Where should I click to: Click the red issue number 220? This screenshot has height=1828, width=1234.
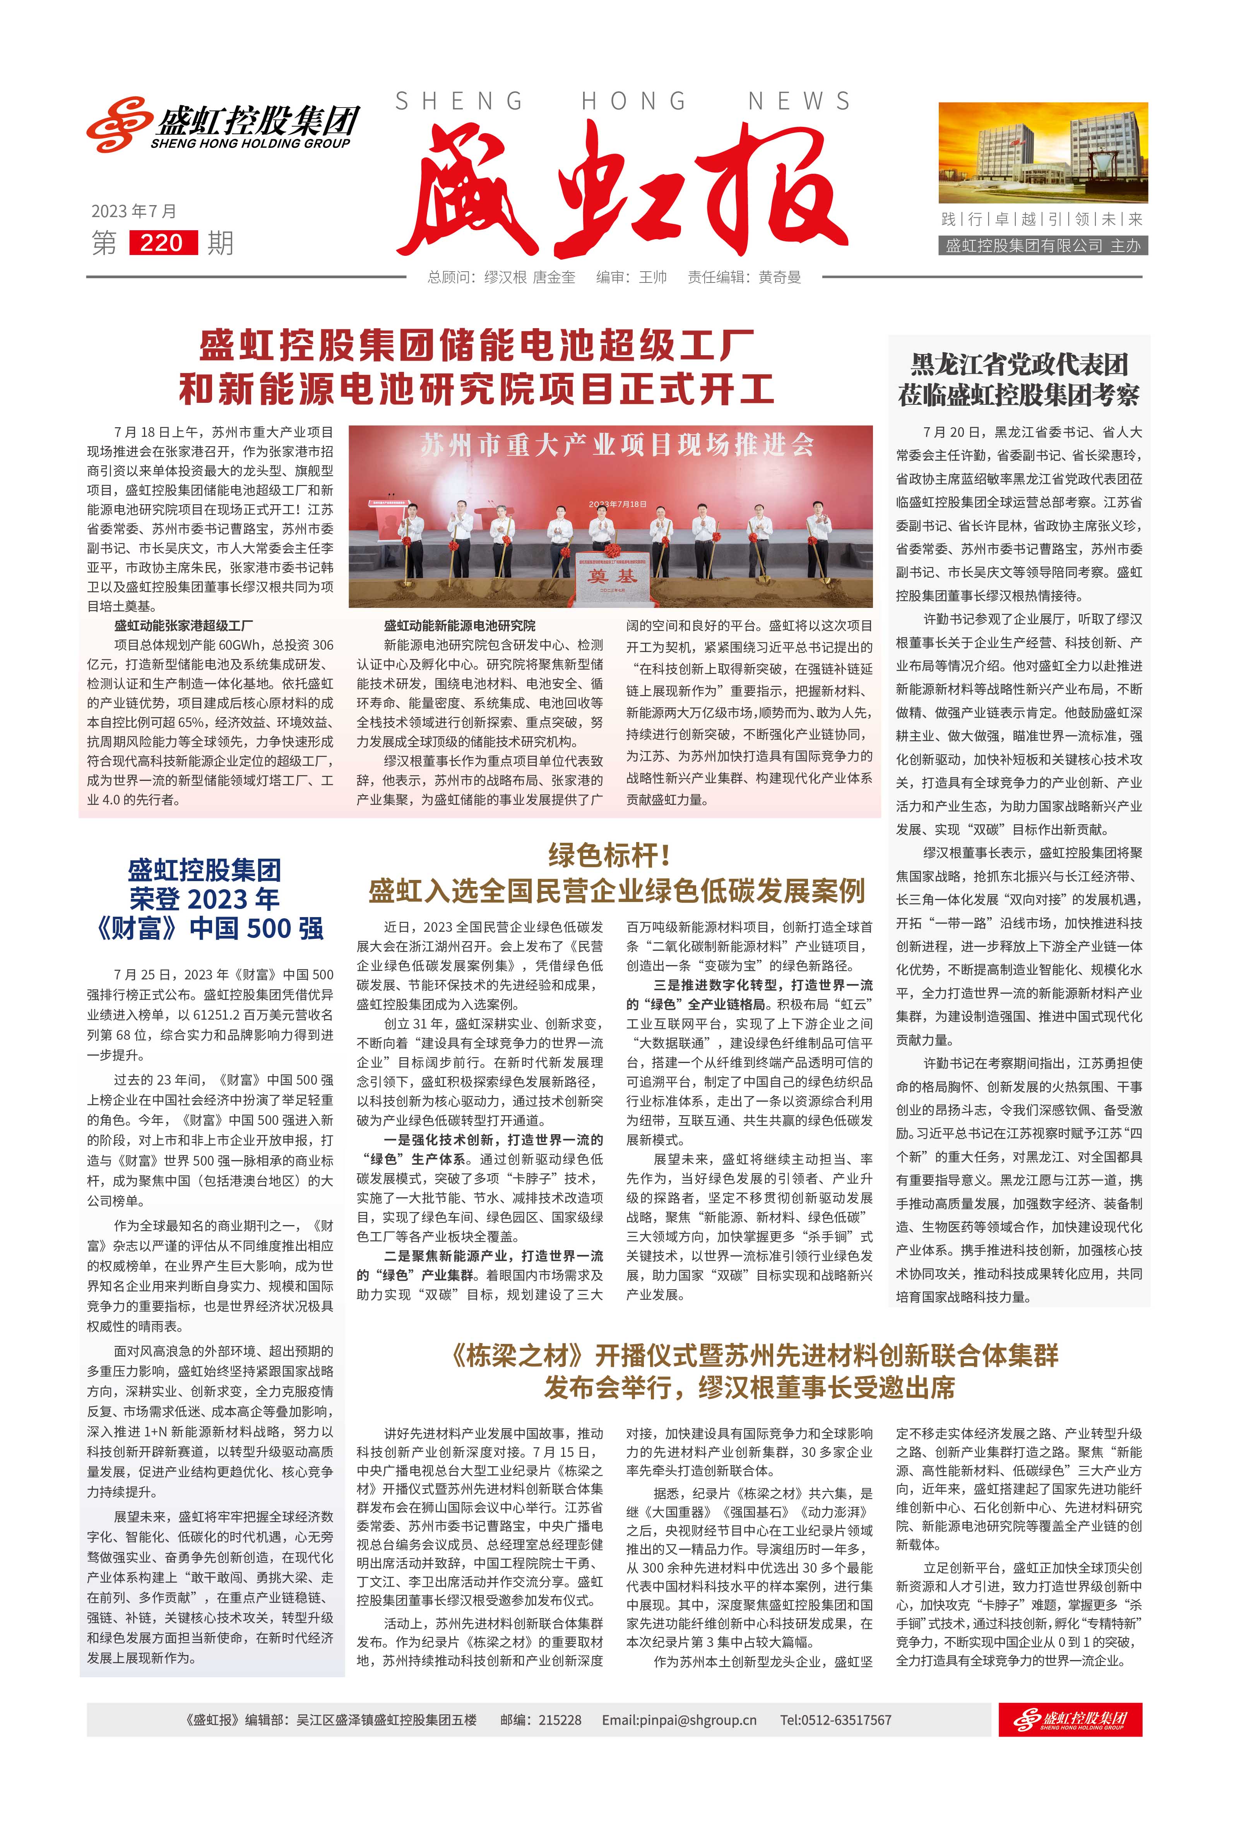click(x=162, y=242)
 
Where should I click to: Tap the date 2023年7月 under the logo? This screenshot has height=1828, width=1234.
click(x=134, y=211)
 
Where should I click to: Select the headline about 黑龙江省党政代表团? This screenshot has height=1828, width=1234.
click(x=1018, y=379)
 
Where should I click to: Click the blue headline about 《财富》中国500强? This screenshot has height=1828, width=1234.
click(x=206, y=899)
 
